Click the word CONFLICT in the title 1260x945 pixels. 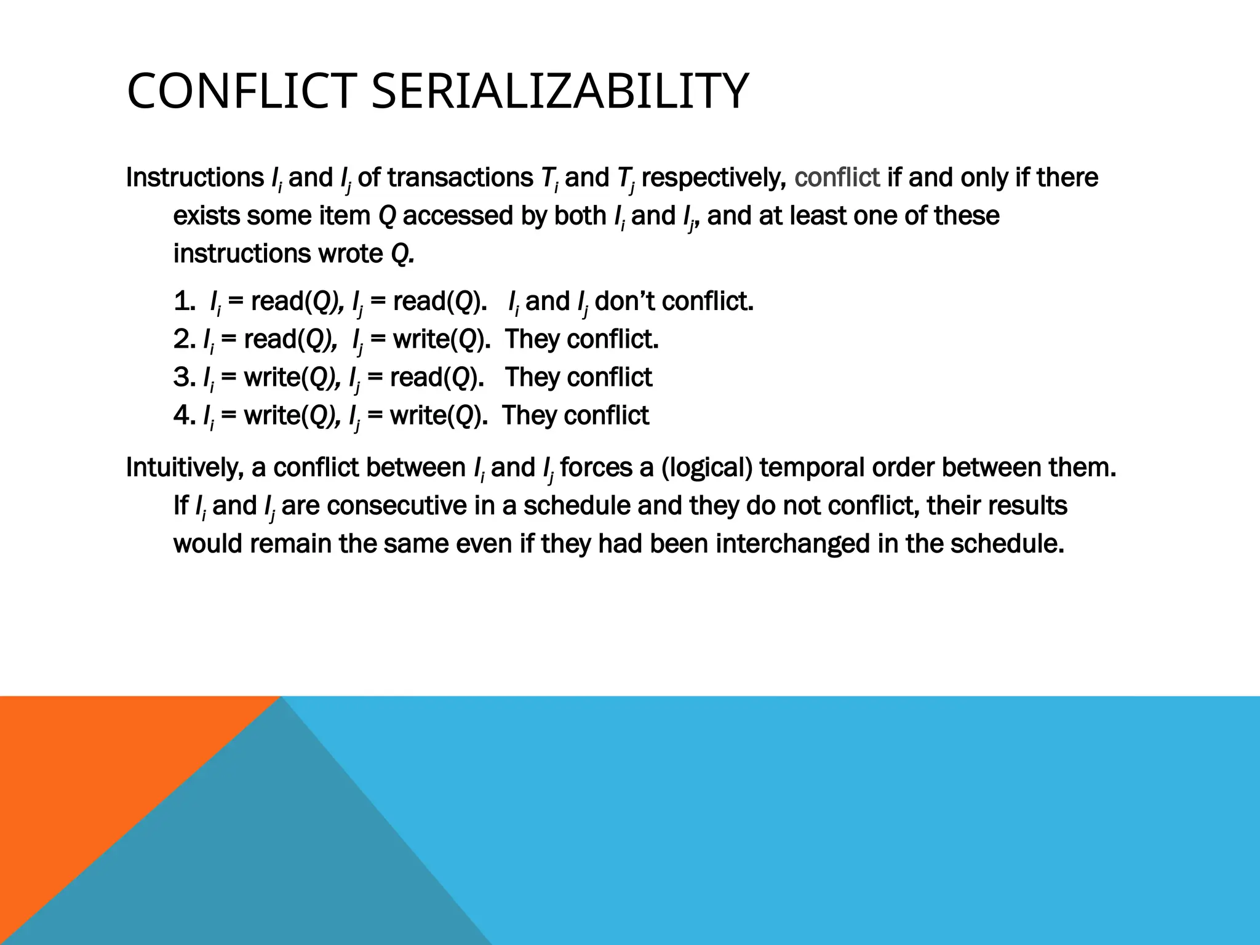pos(241,91)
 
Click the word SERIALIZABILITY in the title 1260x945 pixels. pos(560,91)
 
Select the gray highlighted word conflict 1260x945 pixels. pos(837,178)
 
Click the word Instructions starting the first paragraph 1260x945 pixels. pos(194,178)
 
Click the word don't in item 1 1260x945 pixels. pos(626,301)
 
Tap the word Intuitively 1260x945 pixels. pos(185,468)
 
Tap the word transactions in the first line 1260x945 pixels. pos(460,178)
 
